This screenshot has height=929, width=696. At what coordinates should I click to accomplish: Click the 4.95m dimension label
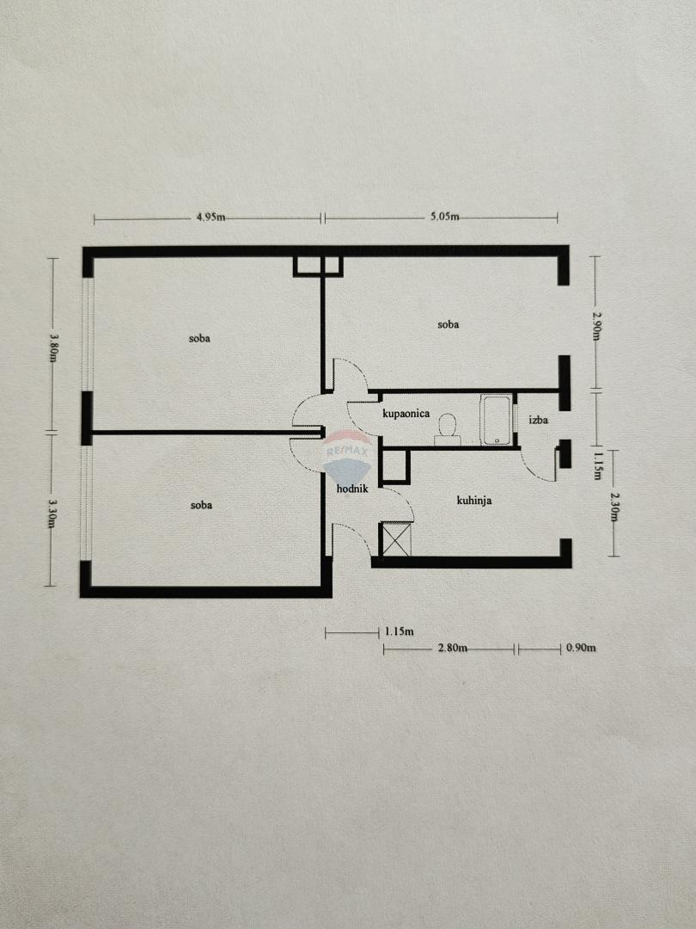click(x=211, y=217)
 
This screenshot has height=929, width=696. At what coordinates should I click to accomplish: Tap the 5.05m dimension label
click(x=444, y=216)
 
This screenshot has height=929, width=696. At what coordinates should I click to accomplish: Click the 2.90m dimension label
click(x=596, y=325)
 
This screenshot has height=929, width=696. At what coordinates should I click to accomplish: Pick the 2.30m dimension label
click(x=614, y=508)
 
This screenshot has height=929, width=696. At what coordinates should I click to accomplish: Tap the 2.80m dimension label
click(x=452, y=648)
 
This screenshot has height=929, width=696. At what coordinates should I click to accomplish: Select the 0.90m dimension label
click(x=581, y=648)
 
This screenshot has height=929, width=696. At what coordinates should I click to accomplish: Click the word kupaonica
click(x=406, y=414)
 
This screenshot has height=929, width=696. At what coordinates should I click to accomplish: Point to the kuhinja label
click(x=474, y=501)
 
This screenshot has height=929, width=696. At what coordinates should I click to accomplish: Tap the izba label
click(x=539, y=420)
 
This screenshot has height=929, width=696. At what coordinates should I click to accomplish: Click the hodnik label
click(x=353, y=489)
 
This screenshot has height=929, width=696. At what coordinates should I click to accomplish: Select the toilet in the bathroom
click(x=448, y=429)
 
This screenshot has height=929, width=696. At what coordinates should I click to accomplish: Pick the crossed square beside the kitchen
click(x=396, y=539)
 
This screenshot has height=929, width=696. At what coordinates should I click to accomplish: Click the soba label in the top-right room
click(x=448, y=324)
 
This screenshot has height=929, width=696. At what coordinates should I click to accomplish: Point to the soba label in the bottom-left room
click(x=201, y=505)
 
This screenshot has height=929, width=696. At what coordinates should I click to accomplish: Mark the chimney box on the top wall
click(x=318, y=267)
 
